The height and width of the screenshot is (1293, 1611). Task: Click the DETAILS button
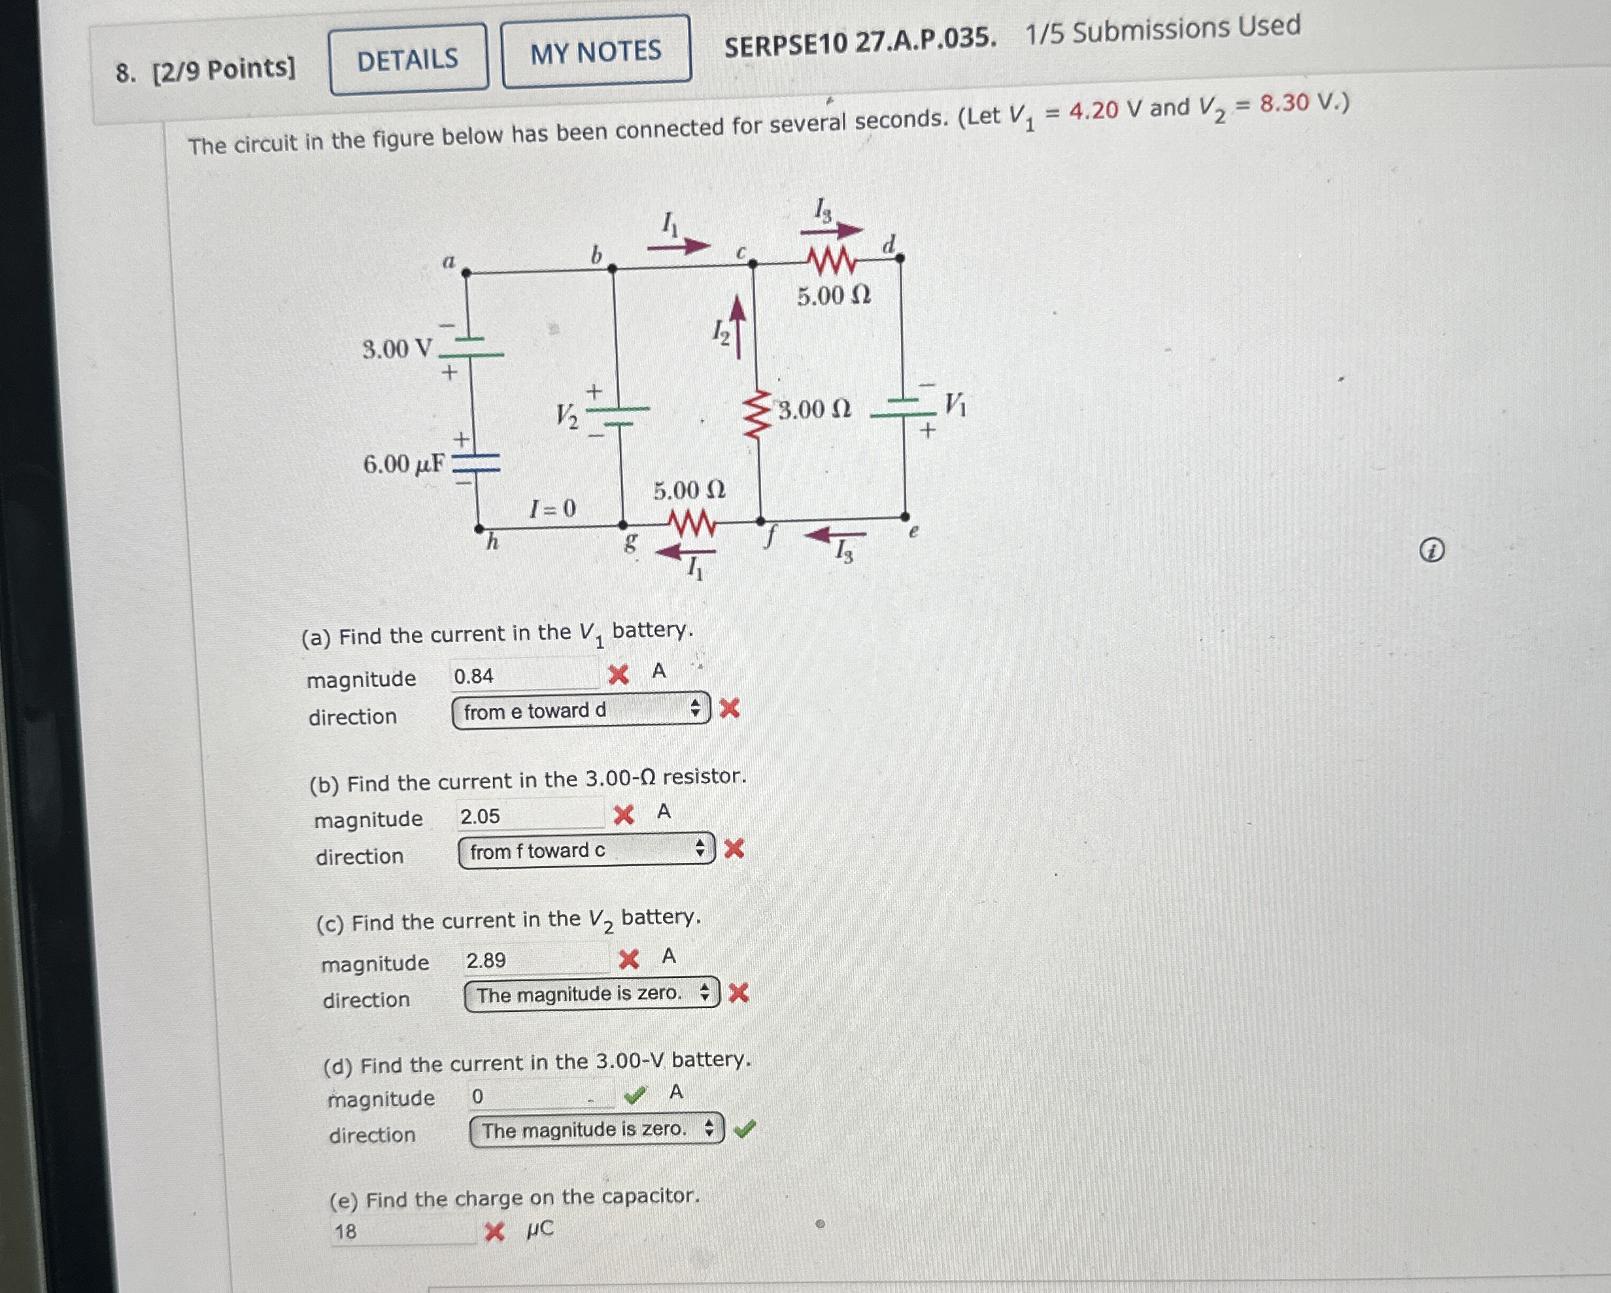tap(408, 59)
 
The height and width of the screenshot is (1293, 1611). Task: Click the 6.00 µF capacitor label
tap(403, 465)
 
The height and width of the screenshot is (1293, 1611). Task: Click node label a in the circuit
tap(449, 261)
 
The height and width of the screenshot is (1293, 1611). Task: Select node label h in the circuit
tap(492, 541)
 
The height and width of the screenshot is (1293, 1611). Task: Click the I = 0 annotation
tap(553, 509)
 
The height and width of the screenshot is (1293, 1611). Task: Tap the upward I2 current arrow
tap(738, 327)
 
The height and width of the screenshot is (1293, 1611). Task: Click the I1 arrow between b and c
tap(679, 244)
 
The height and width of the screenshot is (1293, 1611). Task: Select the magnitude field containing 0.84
tap(524, 676)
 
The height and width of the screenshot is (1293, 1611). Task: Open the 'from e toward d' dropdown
tap(581, 711)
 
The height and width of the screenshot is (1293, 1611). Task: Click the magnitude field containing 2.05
tap(530, 816)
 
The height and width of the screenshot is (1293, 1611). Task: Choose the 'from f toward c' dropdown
tap(586, 850)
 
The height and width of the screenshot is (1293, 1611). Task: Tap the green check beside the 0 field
tap(634, 1095)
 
